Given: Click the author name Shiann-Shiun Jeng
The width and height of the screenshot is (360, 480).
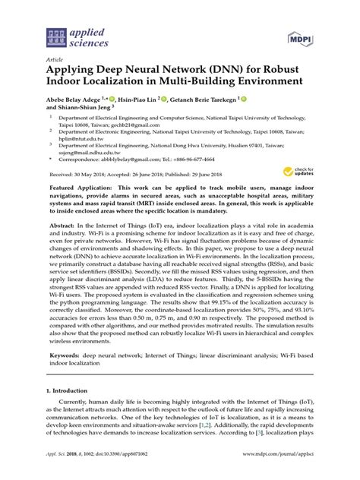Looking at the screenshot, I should (x=88, y=108).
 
